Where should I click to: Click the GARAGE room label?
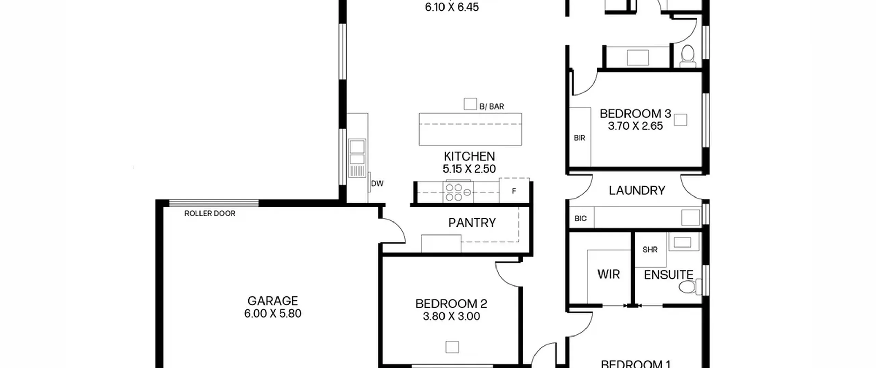click(x=273, y=301)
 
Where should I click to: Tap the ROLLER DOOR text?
click(x=210, y=213)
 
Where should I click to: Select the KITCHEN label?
click(x=469, y=156)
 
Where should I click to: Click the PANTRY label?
click(x=472, y=223)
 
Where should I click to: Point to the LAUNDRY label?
click(x=637, y=190)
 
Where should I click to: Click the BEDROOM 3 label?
click(x=635, y=114)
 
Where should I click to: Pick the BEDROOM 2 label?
click(x=451, y=304)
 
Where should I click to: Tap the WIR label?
click(x=608, y=274)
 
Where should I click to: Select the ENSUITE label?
click(x=669, y=275)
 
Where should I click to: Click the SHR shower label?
click(x=650, y=250)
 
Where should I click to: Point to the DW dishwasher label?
click(x=377, y=183)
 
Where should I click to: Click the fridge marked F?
click(x=514, y=190)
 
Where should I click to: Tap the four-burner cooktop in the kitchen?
click(x=458, y=192)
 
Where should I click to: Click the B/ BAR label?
click(x=492, y=106)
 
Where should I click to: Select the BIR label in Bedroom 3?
click(x=579, y=138)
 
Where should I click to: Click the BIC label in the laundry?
click(x=580, y=218)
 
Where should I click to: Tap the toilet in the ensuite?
click(x=690, y=287)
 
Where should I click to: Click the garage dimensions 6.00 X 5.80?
click(x=273, y=314)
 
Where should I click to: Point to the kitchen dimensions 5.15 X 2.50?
click(x=469, y=169)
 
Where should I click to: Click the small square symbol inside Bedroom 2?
click(x=452, y=347)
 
